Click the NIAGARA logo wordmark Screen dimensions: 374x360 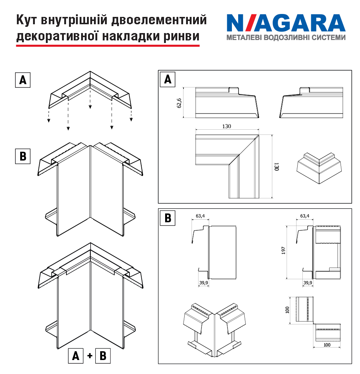point(286,23)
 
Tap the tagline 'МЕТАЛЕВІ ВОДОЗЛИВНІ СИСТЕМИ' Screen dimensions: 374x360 point(286,38)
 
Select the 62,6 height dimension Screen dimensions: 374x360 point(179,103)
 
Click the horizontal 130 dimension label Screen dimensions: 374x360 point(226,126)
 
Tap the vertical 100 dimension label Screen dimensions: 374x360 point(287,310)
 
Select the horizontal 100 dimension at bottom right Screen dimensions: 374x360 point(327,345)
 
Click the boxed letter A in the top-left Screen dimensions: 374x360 point(23,80)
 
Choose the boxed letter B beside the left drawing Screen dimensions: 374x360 point(23,156)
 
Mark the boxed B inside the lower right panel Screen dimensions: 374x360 point(168,218)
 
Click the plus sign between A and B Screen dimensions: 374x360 point(90,356)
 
